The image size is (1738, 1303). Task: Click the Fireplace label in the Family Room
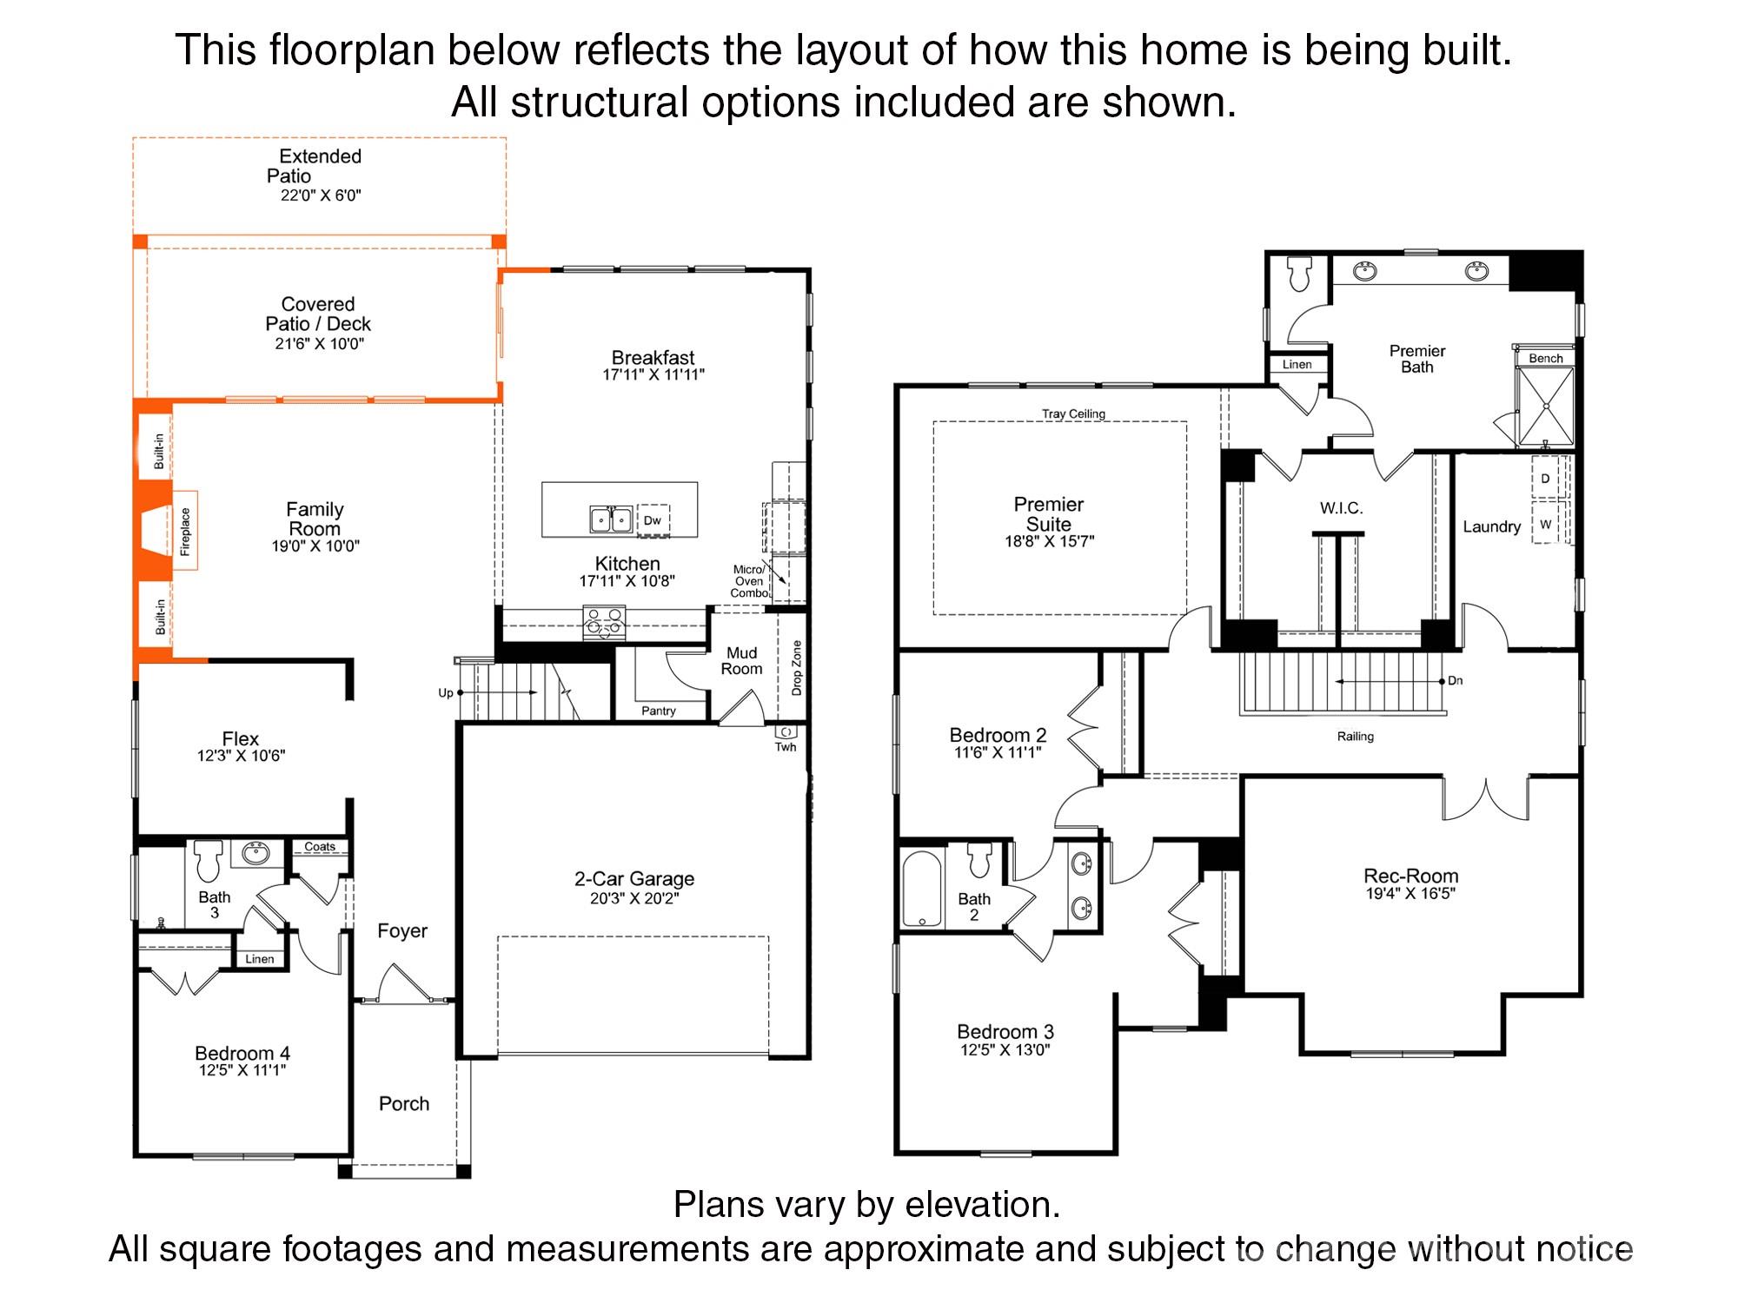coord(184,532)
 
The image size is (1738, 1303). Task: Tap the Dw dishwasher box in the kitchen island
coord(653,520)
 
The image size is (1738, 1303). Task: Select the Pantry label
coord(659,711)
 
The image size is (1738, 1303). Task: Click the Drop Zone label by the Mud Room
coord(797,668)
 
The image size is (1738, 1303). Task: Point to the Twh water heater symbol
coord(786,731)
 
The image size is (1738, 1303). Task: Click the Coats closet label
coord(320,846)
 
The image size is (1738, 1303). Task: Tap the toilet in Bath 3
coord(209,860)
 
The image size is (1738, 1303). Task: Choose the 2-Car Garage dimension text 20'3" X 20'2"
coord(634,898)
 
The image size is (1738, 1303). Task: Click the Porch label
coord(404,1104)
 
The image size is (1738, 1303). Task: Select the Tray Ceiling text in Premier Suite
coord(1074,413)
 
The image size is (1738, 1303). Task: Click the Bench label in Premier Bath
coord(1546,358)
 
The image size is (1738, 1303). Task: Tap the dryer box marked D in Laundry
coord(1545,479)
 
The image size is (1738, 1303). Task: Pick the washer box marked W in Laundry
coord(1545,524)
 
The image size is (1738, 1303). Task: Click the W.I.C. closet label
coord(1342,508)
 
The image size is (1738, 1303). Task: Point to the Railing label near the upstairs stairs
coord(1356,737)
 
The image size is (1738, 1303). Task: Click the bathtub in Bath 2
coord(922,888)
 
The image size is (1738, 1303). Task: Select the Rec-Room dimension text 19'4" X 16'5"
coord(1410,893)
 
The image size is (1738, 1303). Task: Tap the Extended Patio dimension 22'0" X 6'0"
coord(321,195)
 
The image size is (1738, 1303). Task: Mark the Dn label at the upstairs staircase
coord(1456,681)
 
